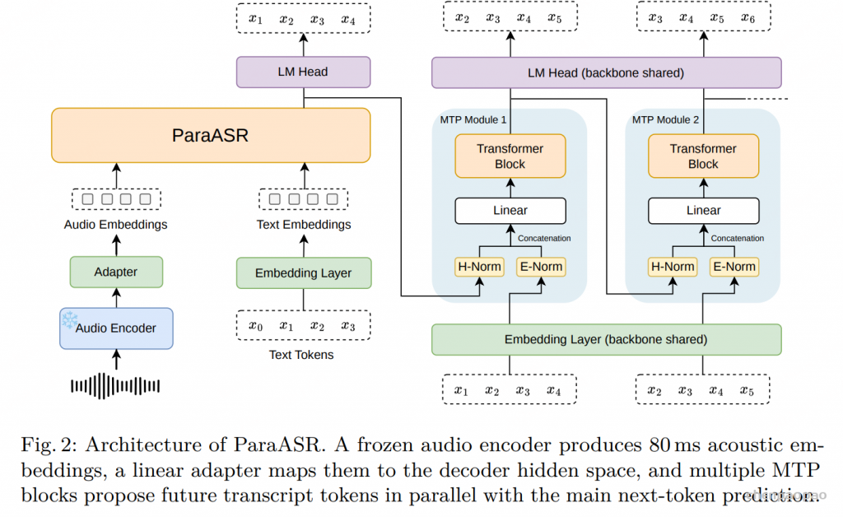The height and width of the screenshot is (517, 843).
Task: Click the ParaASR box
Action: (211, 136)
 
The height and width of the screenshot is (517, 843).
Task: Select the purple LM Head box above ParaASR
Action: (303, 72)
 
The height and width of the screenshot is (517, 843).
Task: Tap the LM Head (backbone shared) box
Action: (607, 72)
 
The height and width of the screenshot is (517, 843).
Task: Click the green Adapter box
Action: (116, 272)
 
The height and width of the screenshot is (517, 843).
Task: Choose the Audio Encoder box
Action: (116, 328)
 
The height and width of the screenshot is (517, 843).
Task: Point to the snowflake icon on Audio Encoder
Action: (69, 319)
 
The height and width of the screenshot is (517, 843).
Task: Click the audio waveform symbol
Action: (115, 386)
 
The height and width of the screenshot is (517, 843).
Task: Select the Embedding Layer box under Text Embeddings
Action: (304, 273)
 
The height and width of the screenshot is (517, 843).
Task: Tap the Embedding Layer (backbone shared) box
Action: (607, 340)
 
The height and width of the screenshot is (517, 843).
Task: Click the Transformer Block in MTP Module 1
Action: (510, 156)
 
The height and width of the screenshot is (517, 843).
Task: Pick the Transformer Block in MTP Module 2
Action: (703, 156)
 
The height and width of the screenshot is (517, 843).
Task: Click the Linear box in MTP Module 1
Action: (510, 211)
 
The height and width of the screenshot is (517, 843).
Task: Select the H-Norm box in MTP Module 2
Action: (673, 267)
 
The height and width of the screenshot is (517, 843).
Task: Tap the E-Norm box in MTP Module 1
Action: (541, 267)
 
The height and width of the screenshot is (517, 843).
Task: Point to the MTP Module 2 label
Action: (665, 120)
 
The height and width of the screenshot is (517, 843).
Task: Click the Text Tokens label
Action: (301, 355)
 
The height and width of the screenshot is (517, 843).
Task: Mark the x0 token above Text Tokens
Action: (256, 326)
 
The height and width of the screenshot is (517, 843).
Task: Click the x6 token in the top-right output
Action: (748, 18)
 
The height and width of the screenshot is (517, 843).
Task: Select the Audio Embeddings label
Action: (115, 225)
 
